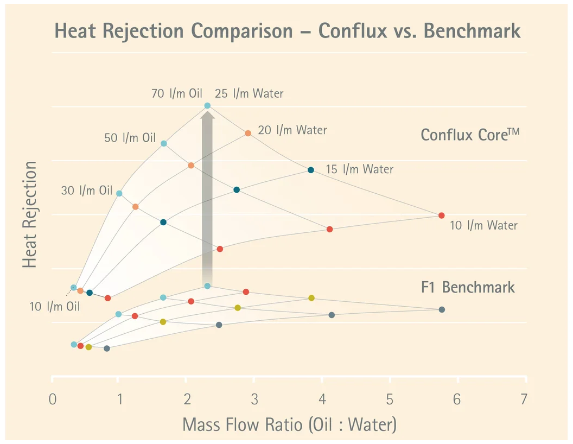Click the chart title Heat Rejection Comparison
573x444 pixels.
(x=288, y=31)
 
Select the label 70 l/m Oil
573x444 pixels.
(x=177, y=93)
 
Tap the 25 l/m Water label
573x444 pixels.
(x=249, y=93)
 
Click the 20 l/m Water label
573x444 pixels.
(x=292, y=130)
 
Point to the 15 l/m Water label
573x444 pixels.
(x=359, y=169)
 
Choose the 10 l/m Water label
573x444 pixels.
(x=483, y=225)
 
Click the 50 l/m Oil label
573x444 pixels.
(x=130, y=138)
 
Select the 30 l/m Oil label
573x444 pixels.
(x=86, y=191)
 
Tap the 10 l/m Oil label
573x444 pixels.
(x=54, y=306)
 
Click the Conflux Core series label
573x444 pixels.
(x=470, y=135)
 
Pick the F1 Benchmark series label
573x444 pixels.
(x=468, y=287)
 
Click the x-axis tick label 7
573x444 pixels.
(x=524, y=400)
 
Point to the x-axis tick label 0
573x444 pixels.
(x=53, y=400)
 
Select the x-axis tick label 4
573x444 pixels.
(x=322, y=400)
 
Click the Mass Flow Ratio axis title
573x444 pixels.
(x=289, y=424)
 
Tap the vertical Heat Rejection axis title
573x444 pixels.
(x=30, y=214)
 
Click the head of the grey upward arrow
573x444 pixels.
(x=207, y=115)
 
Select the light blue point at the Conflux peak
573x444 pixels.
(x=207, y=106)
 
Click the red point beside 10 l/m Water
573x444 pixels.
(x=441, y=215)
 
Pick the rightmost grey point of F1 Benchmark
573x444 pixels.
(x=442, y=309)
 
